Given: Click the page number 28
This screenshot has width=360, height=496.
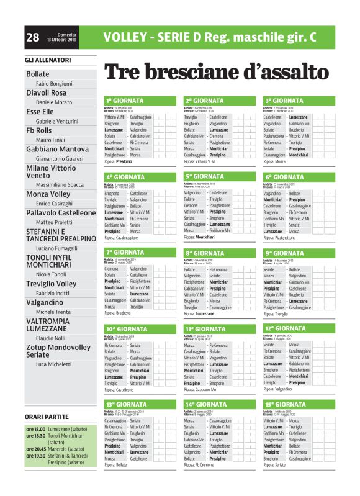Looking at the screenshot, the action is point(33,37).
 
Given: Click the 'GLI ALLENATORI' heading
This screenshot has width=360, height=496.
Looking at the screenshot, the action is point(48,60).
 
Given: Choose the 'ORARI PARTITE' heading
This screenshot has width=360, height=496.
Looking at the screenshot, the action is point(47,416).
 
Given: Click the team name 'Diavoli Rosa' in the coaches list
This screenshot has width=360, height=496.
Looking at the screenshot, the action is point(47,92).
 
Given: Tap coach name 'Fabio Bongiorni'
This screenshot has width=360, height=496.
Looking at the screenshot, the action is point(54,83).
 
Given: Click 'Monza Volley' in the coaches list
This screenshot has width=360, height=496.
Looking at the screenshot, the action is point(48,194).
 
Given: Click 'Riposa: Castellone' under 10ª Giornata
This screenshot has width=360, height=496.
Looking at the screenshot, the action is point(119,390).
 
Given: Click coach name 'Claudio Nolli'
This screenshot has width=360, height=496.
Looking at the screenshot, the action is point(50,338).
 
